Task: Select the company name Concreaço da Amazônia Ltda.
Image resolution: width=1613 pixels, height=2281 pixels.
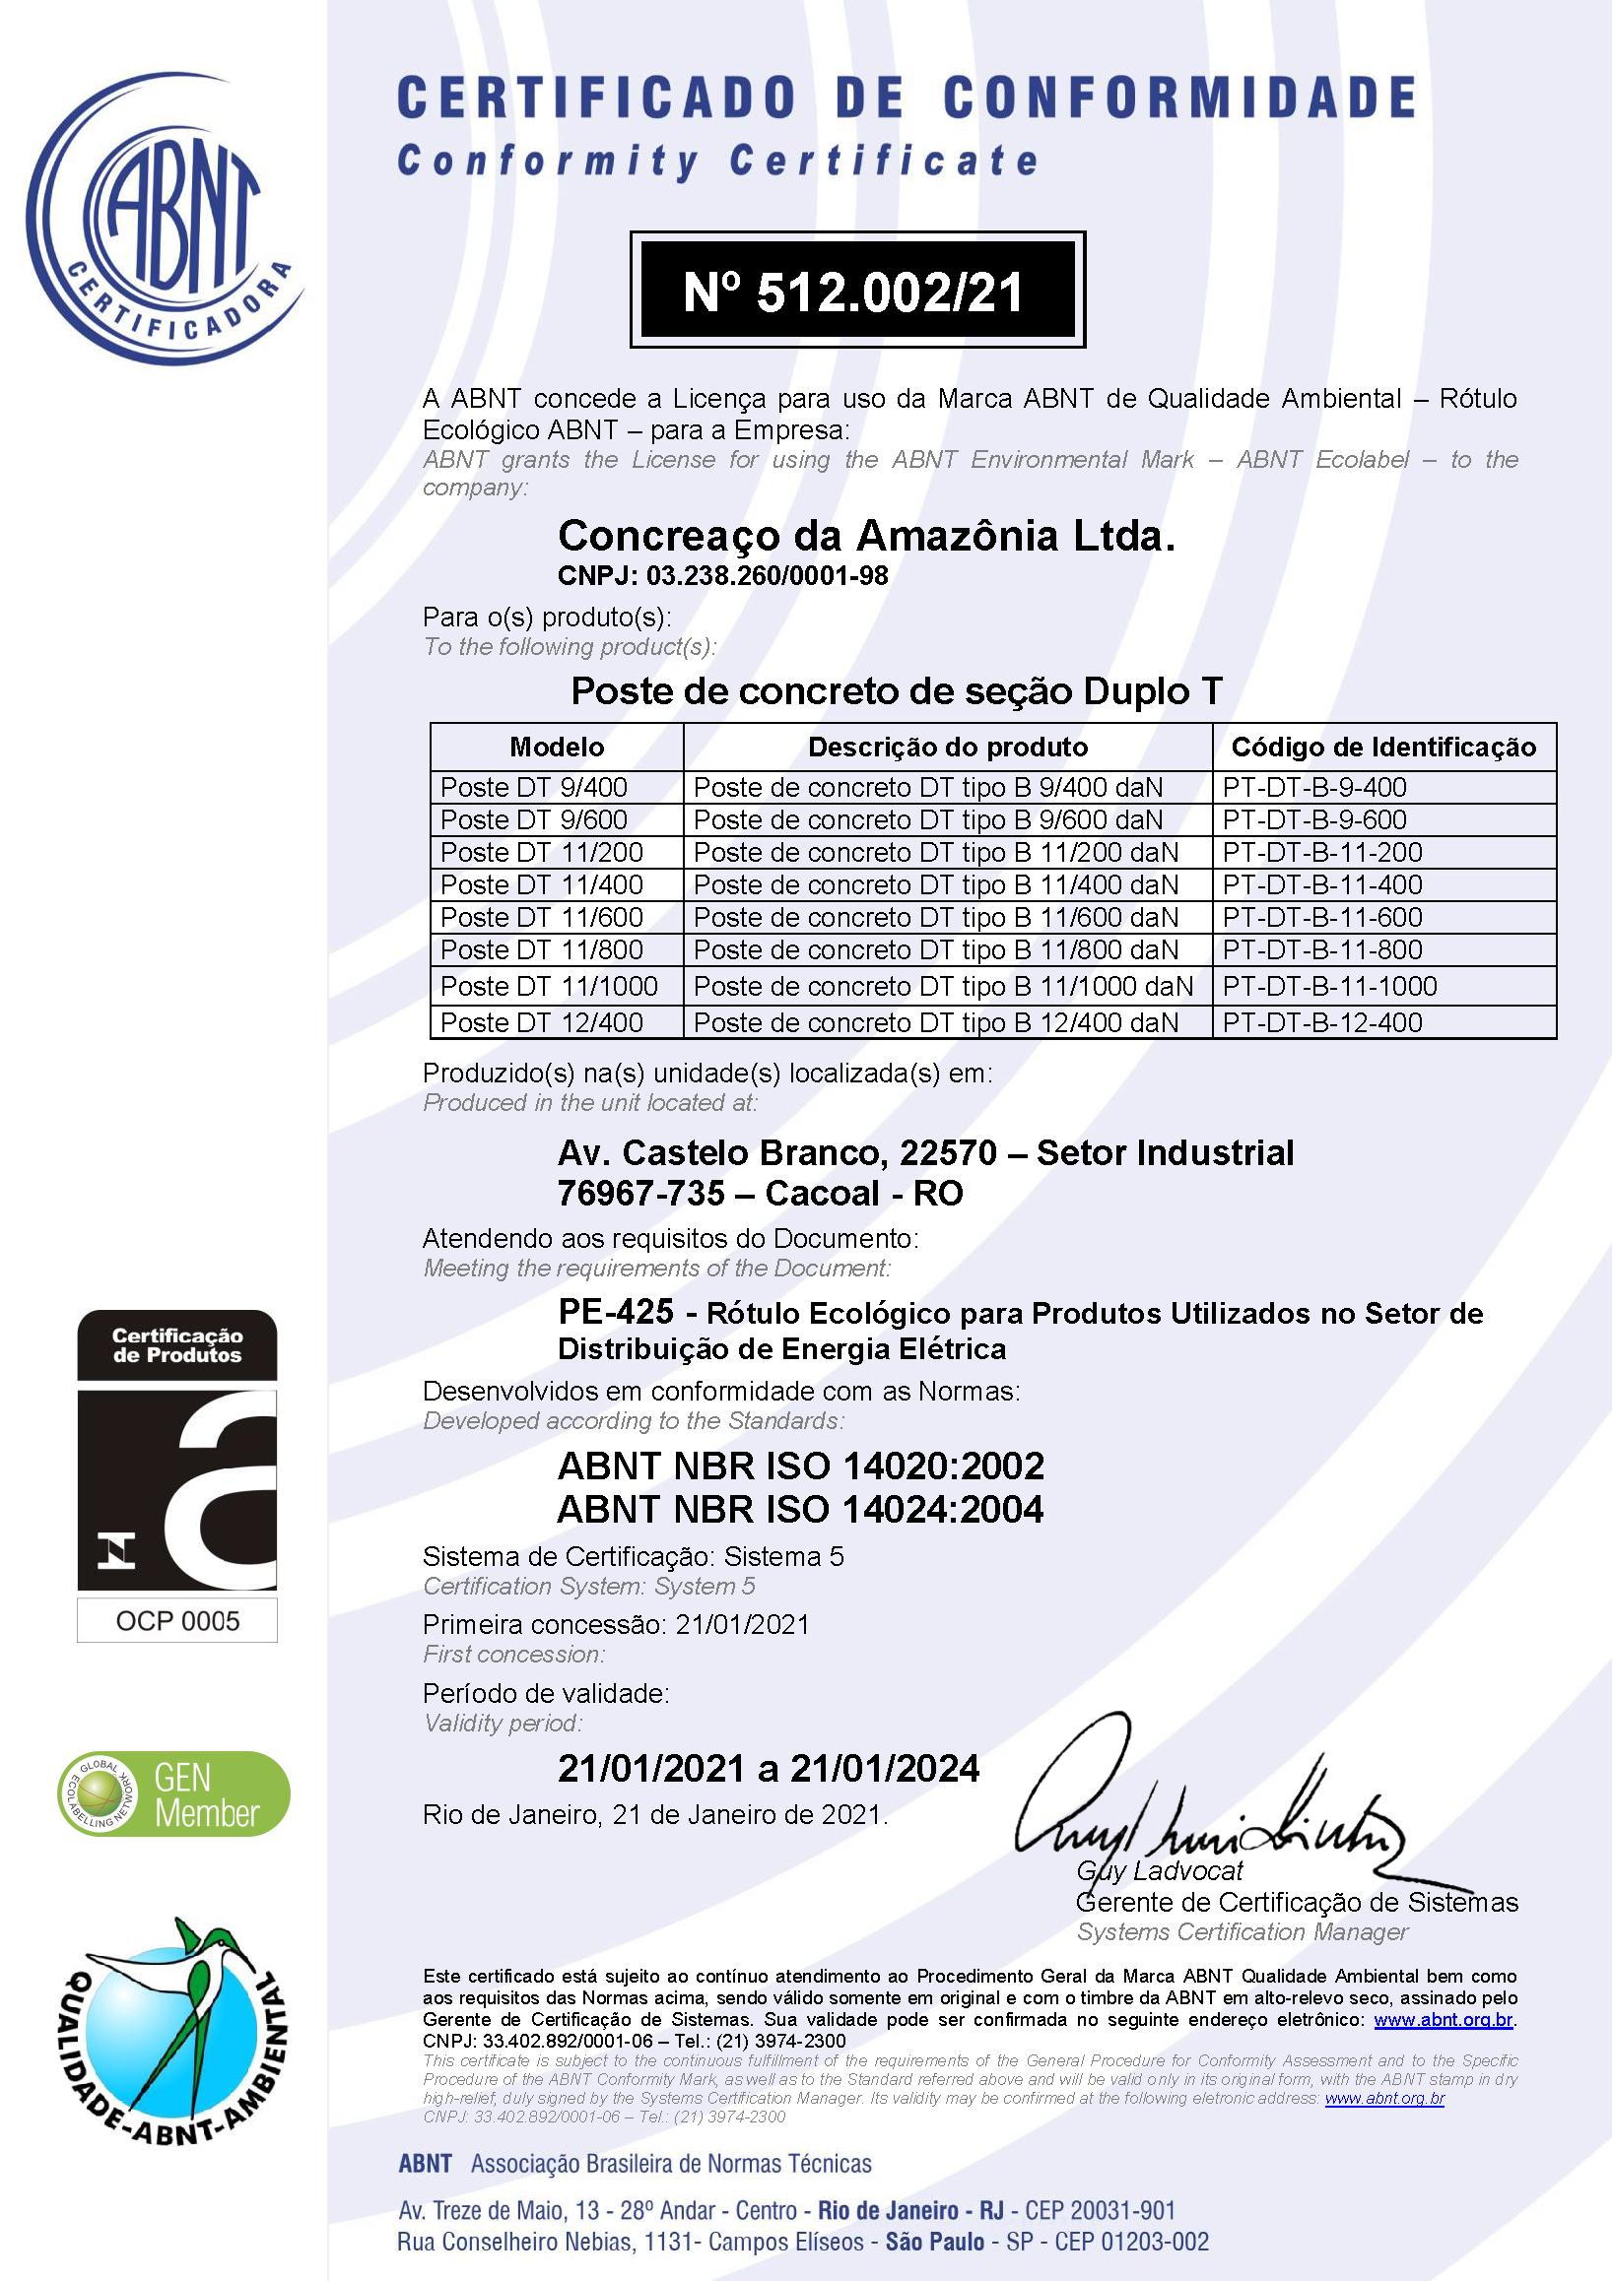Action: click(866, 537)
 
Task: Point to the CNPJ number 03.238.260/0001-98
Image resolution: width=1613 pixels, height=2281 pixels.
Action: click(767, 576)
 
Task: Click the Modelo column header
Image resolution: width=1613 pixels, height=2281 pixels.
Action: click(557, 748)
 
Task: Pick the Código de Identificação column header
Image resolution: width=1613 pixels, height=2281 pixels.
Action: click(1382, 748)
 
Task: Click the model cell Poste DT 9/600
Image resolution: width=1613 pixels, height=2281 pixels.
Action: click(534, 819)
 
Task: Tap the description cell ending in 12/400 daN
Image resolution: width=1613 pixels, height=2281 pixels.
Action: click(935, 1022)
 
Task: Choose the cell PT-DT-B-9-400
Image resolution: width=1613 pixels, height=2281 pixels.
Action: click(1313, 787)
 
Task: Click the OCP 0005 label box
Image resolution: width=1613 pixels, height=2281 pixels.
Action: click(178, 1620)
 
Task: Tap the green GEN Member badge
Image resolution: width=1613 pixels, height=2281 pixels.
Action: click(174, 1793)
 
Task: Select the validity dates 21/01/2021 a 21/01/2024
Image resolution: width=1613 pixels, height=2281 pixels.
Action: click(769, 1769)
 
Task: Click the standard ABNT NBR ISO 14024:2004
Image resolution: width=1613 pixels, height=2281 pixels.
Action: click(800, 1510)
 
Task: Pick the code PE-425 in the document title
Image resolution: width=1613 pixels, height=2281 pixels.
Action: click(616, 1313)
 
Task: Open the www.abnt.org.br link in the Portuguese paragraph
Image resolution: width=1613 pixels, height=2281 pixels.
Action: click(1443, 2020)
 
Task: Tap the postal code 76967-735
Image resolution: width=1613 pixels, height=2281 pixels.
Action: click(641, 1193)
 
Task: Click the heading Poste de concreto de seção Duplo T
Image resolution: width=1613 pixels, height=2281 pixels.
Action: click(897, 691)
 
